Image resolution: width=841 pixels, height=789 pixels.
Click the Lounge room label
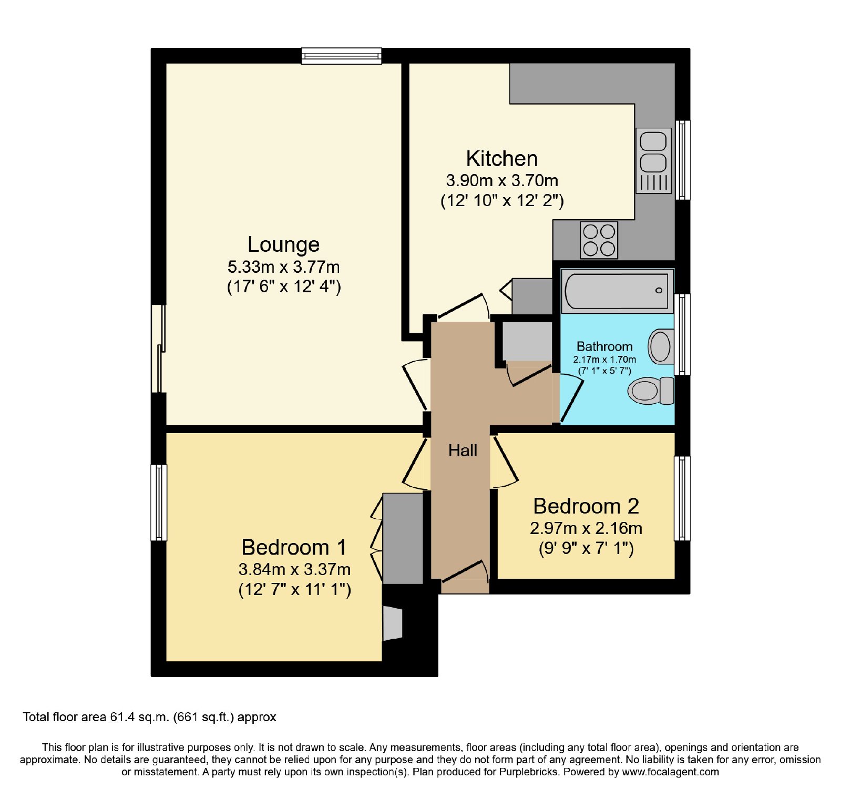coord(283,244)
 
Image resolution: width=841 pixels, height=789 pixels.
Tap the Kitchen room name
coord(502,159)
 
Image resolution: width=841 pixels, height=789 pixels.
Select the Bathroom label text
coord(604,346)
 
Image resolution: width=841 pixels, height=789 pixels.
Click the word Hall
coord(463,450)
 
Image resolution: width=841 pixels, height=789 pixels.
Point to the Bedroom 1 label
coord(294,547)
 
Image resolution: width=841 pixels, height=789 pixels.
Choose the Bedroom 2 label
coord(586,506)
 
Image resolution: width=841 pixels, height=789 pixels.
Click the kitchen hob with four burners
coord(599,240)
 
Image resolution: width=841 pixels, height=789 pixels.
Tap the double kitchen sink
coord(654,161)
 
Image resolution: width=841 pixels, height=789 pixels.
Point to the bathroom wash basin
coord(661,347)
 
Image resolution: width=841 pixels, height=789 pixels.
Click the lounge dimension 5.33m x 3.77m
coord(283,267)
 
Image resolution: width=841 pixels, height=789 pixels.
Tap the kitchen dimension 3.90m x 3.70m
coord(502,181)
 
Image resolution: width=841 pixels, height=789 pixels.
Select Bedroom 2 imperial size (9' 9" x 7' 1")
coord(586,549)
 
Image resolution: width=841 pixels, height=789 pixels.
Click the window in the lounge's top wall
coord(342,56)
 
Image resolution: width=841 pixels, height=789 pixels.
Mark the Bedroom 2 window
coord(682,498)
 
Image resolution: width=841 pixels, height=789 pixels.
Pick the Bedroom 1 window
coord(159,503)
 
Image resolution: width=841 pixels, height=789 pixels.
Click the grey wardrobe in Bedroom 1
coord(403,538)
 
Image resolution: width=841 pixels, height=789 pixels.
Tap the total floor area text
coord(149,717)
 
